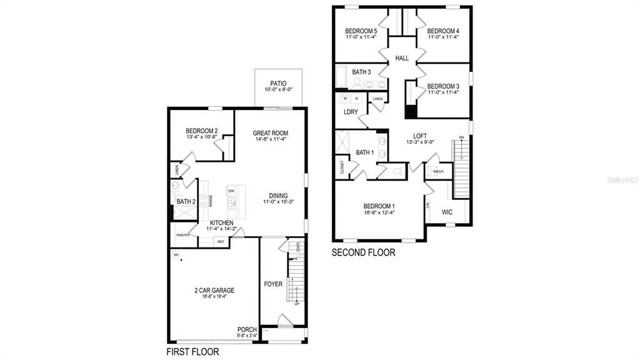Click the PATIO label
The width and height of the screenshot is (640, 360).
tap(278, 82)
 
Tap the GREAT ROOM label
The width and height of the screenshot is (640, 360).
tap(270, 132)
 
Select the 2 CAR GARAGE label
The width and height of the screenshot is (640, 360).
tap(214, 290)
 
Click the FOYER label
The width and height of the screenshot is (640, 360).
tap(273, 284)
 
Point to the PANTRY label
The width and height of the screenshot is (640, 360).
tap(183, 235)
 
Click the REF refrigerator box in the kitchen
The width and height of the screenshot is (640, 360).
tap(221, 241)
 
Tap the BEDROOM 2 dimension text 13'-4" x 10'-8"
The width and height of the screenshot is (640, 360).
tap(201, 137)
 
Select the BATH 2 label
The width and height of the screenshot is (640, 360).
tap(186, 201)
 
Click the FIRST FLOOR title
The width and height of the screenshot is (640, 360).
tap(192, 352)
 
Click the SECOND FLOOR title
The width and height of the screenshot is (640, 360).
tap(363, 253)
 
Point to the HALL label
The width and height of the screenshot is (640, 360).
tap(402, 58)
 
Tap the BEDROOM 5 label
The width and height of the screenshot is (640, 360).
tap(361, 31)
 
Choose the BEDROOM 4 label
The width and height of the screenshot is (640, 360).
tap(443, 31)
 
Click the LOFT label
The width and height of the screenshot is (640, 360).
tap(420, 135)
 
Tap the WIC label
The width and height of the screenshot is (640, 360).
tap(447, 212)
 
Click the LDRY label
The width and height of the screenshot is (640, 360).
tap(351, 112)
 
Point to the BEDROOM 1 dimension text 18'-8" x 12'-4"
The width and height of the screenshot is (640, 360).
tap(379, 212)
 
